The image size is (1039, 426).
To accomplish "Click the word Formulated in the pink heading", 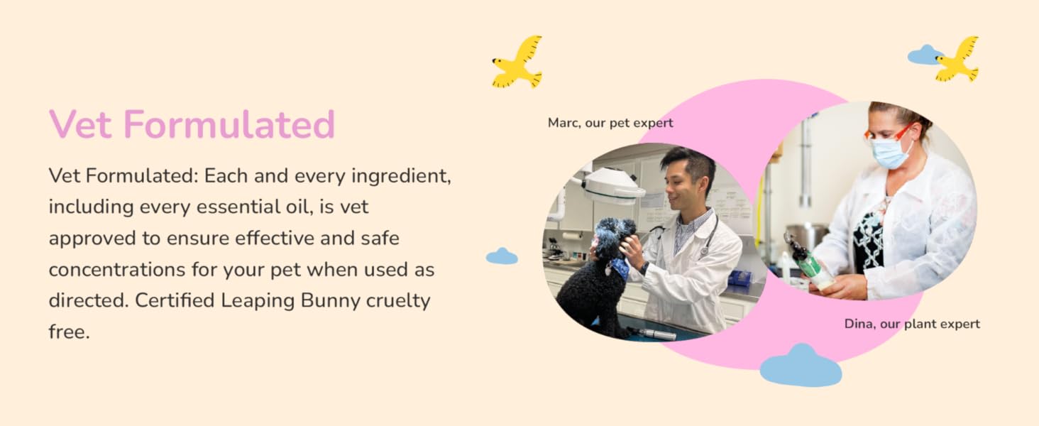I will [229, 124].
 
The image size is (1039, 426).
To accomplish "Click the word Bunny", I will [319, 300].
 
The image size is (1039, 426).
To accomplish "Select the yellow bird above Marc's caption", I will [518, 62].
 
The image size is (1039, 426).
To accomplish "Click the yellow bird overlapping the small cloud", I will [958, 59].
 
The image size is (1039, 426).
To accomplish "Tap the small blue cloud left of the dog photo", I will [502, 256].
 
